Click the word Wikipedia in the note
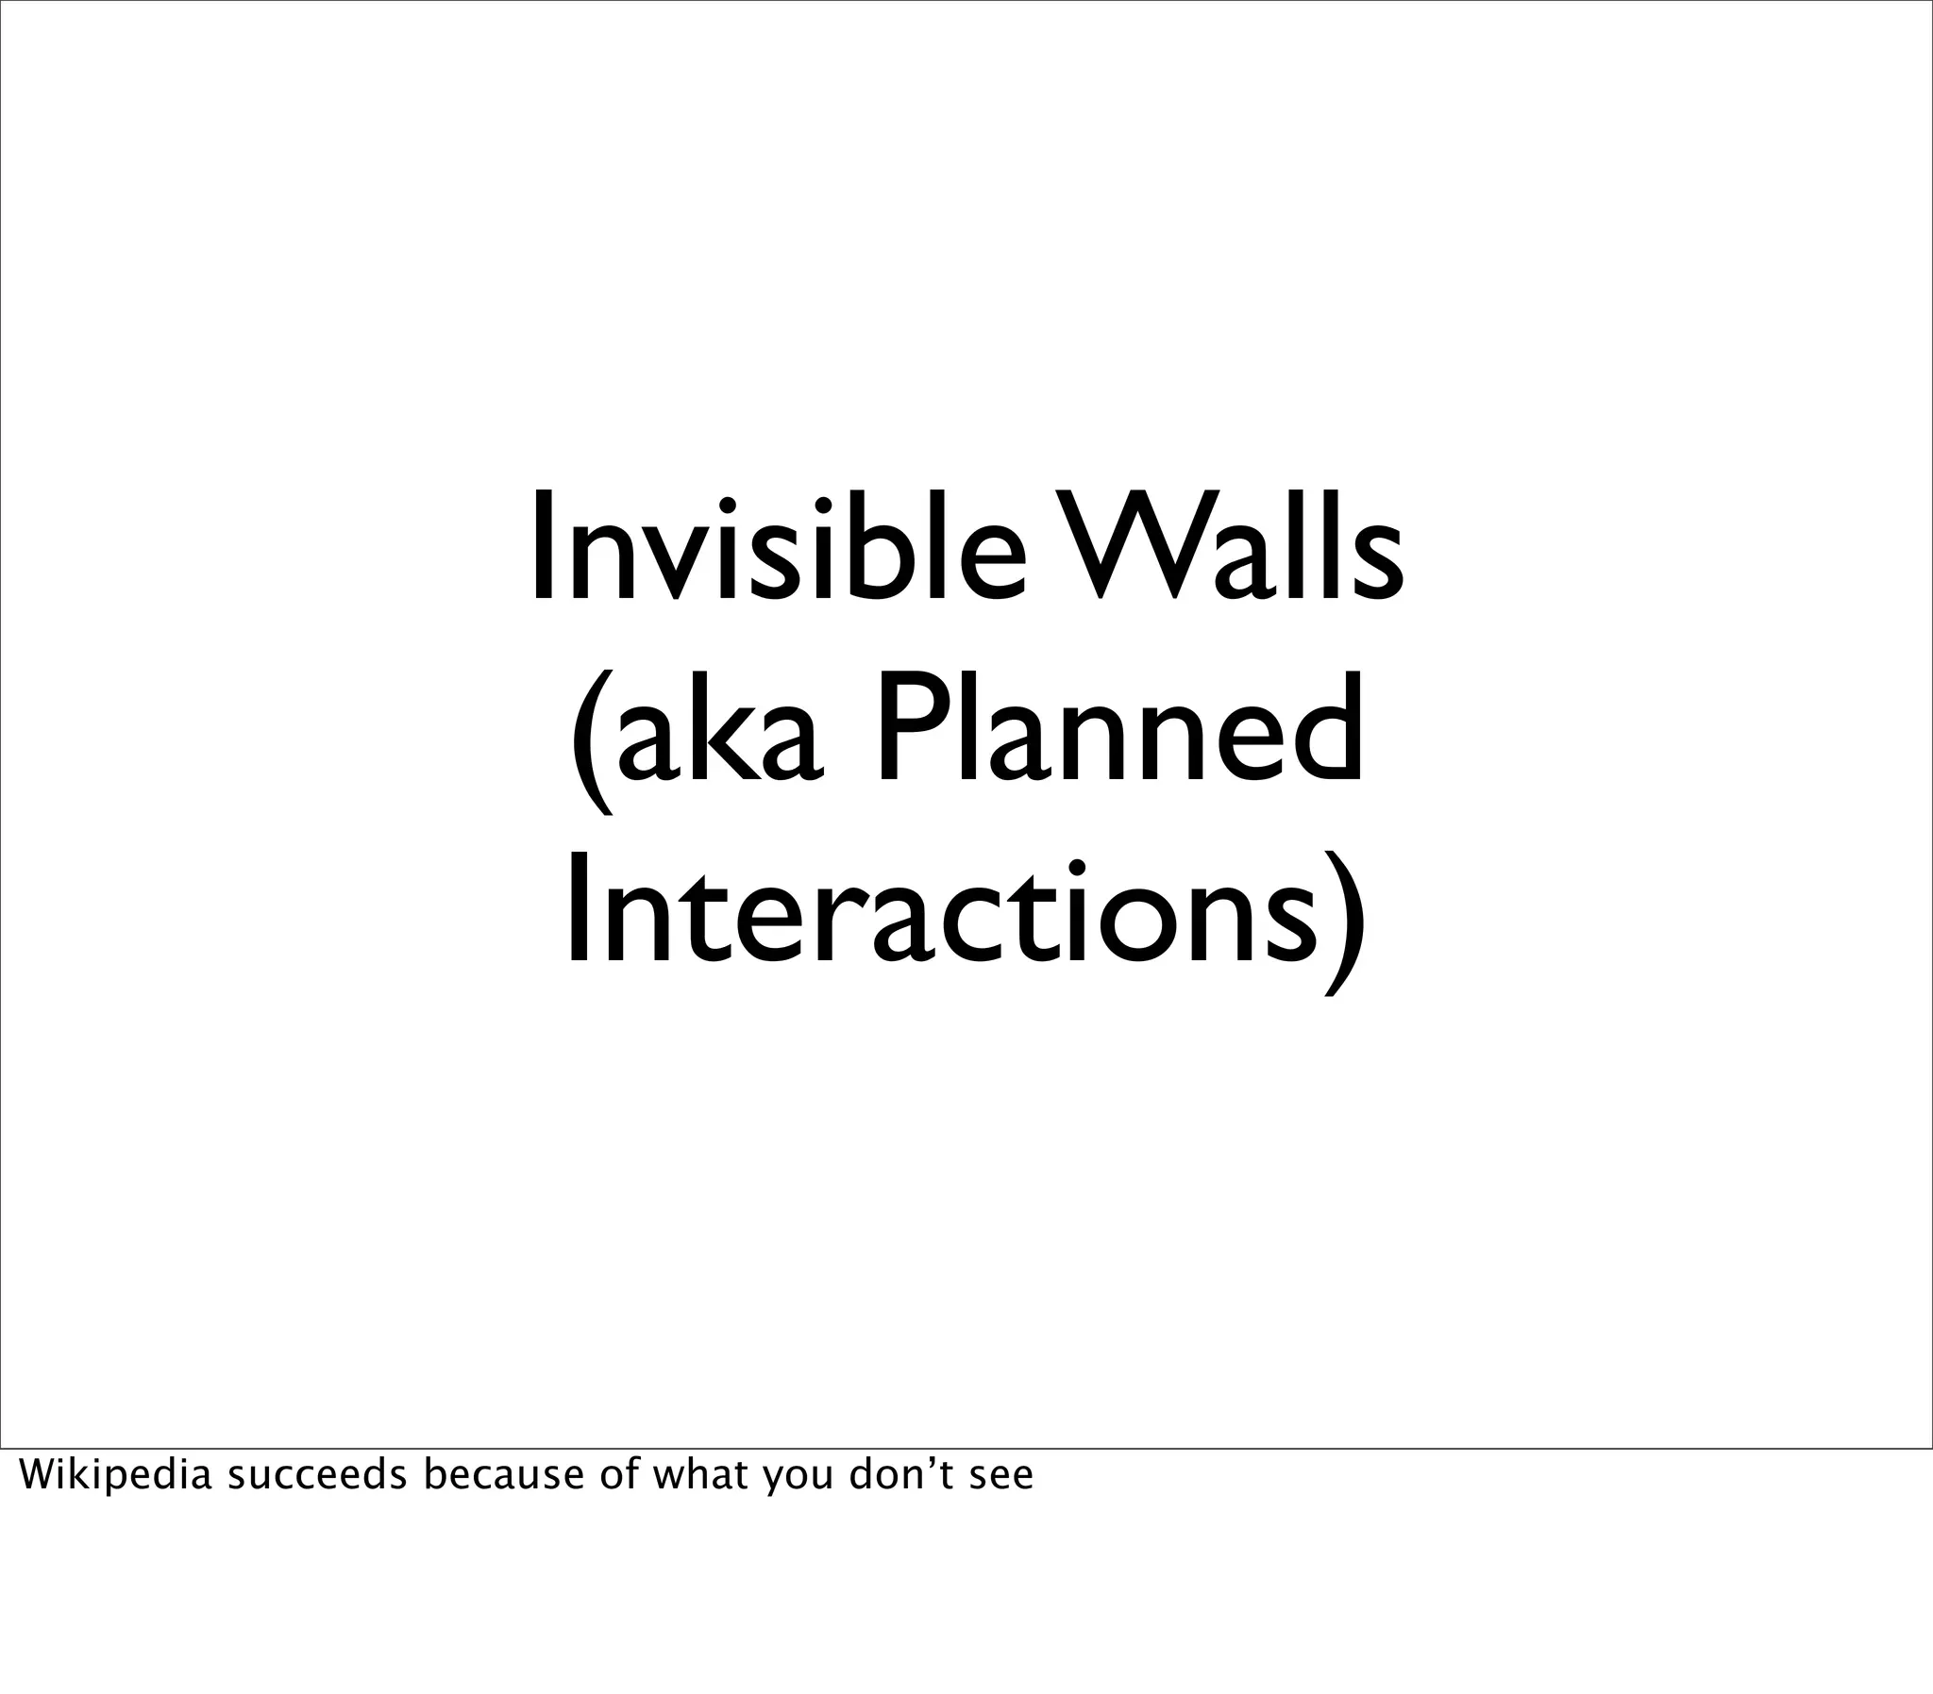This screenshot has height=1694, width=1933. click(x=114, y=1475)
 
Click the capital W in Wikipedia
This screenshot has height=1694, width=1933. click(x=36, y=1475)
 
